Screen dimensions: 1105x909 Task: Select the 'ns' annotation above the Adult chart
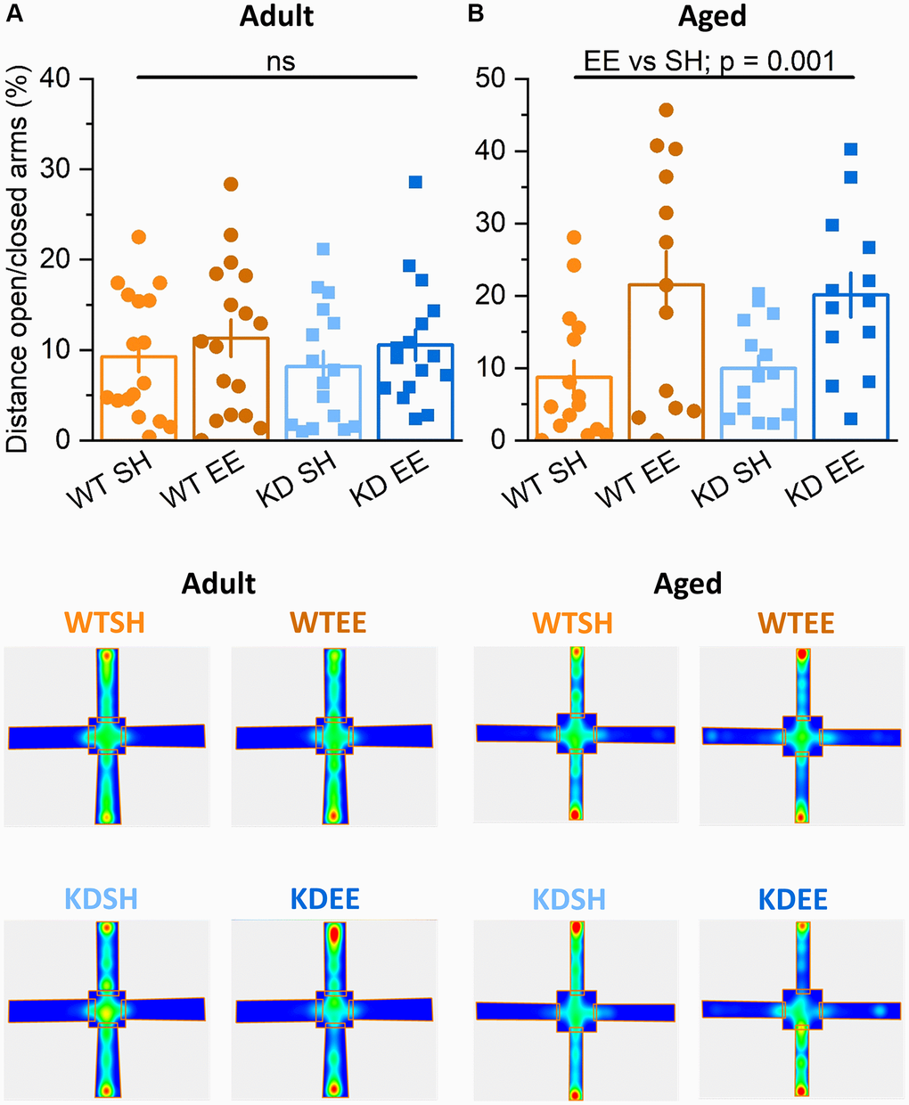(x=281, y=61)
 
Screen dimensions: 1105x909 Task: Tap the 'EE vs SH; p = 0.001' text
(x=709, y=61)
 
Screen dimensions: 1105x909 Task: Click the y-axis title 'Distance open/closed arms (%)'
(x=20, y=258)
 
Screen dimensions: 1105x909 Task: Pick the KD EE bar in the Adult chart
(x=415, y=392)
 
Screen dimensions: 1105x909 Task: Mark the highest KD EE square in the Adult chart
(x=415, y=182)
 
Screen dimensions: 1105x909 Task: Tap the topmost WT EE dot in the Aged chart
(x=666, y=110)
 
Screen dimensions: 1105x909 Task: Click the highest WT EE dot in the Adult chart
(x=231, y=184)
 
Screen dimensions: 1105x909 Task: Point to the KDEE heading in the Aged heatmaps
(x=793, y=899)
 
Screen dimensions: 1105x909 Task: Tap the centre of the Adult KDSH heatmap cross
(x=107, y=1011)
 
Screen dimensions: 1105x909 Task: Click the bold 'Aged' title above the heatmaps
(x=687, y=585)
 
